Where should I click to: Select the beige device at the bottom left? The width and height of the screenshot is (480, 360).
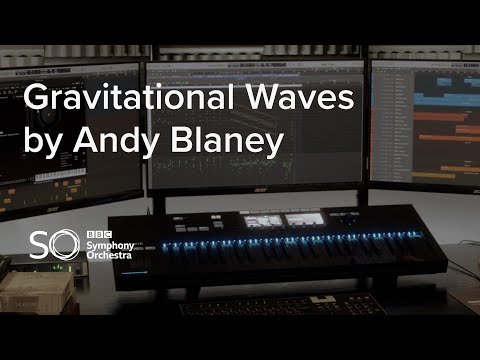(35, 295)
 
